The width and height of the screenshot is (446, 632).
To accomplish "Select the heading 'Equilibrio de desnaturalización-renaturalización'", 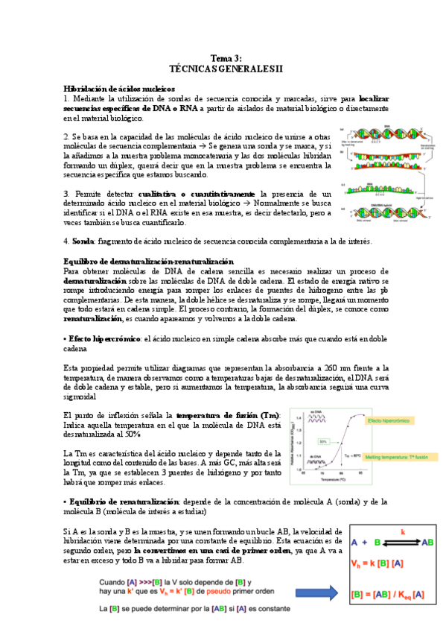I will pos(149,262).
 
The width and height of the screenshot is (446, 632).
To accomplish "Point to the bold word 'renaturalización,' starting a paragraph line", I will pos(93,319).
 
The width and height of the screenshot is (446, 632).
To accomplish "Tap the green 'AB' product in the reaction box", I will pos(428,542).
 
